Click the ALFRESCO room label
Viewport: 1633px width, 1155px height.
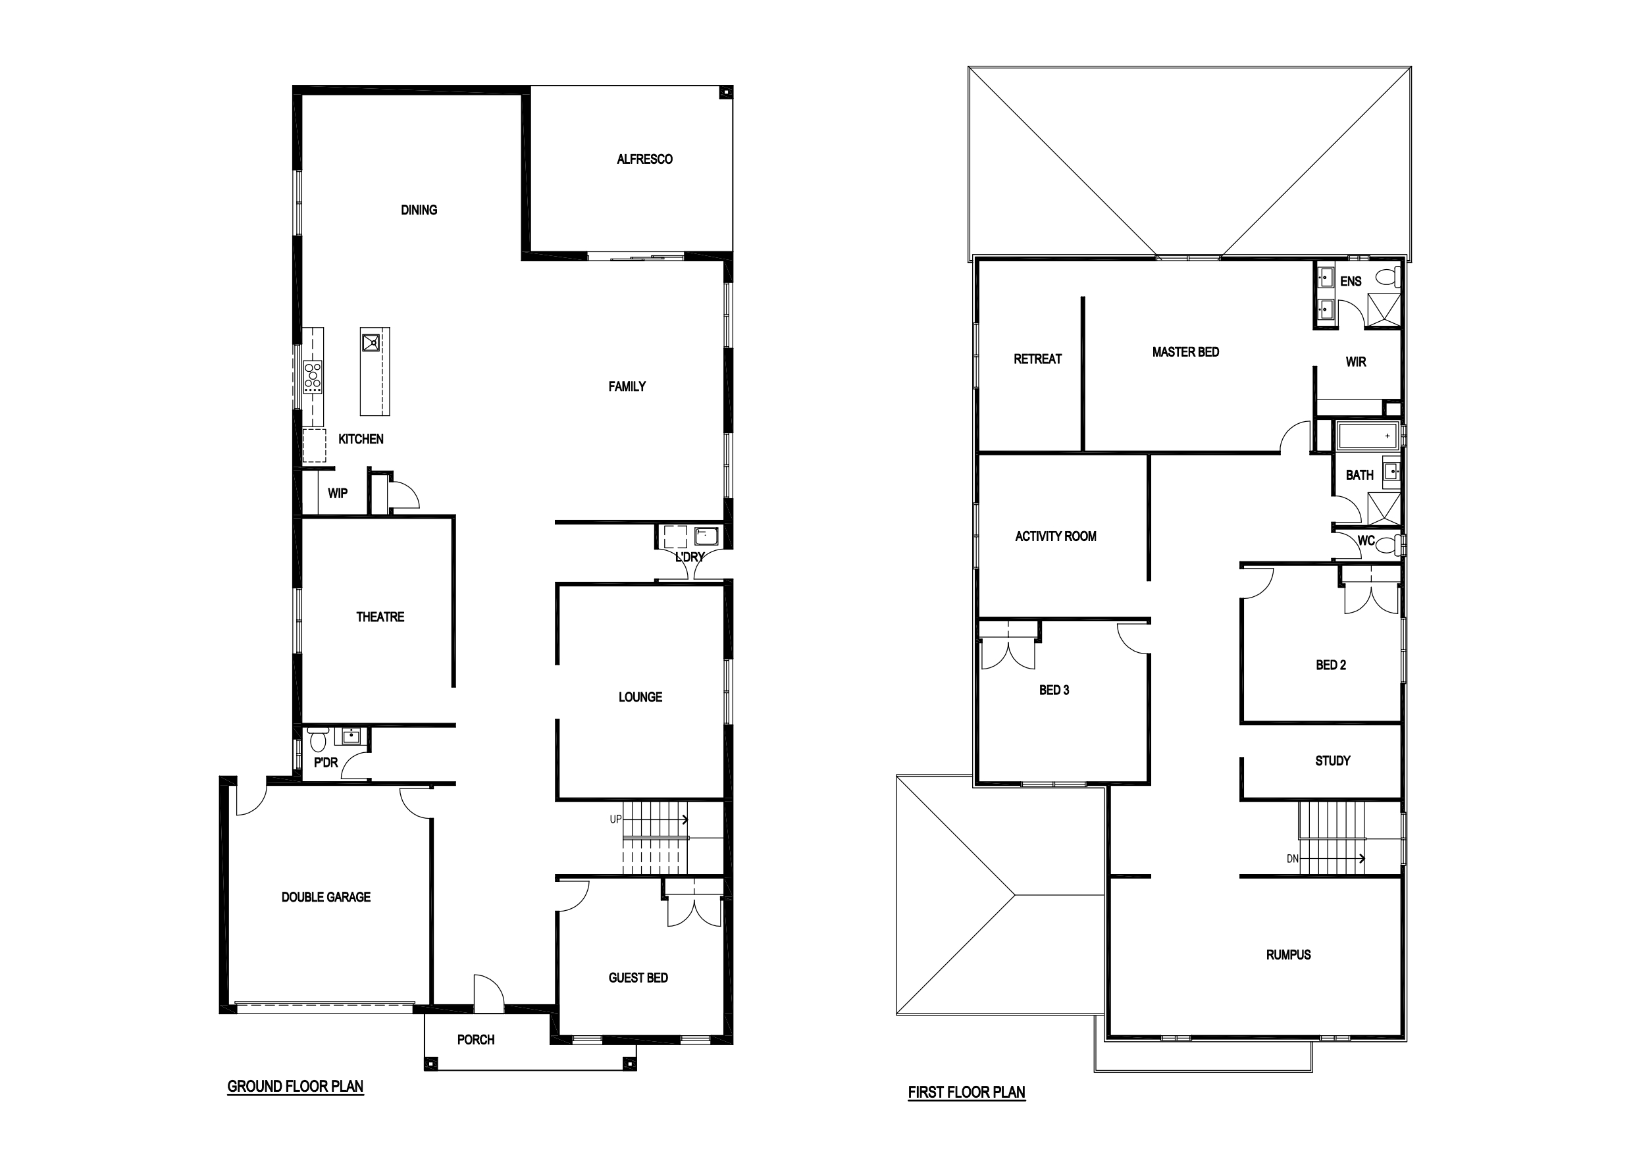coord(644,159)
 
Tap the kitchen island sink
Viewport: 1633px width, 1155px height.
coord(371,343)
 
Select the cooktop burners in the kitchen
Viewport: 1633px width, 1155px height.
coord(313,376)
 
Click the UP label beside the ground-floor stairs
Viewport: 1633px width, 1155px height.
coord(616,819)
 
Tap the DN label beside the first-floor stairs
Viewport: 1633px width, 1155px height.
coord(1293,859)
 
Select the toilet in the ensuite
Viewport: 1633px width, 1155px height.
coord(1387,276)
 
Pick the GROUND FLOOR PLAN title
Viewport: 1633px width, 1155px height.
coord(295,1087)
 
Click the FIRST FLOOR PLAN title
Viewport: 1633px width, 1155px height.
coord(967,1092)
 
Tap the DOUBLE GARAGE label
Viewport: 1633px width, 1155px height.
coord(326,898)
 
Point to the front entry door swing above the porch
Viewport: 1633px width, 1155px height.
coord(489,992)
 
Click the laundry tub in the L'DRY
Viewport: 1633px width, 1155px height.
coord(706,536)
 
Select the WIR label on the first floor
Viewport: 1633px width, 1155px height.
coord(1356,362)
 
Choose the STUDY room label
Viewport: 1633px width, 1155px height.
coord(1332,761)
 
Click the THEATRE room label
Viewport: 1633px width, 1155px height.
coord(380,617)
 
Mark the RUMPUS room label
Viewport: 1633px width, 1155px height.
coord(1288,955)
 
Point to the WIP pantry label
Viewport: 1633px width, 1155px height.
coord(337,494)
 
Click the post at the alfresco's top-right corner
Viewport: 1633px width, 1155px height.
coord(725,92)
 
